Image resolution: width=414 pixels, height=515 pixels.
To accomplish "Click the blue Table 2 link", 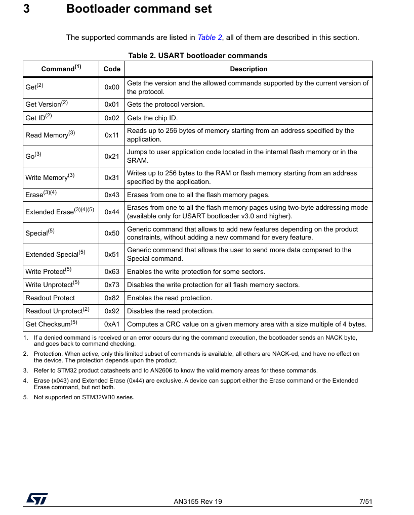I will point(210,37).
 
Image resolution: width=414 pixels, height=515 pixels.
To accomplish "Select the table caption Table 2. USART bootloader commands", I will point(198,56).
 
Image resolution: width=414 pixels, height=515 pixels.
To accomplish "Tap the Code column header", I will point(112,69).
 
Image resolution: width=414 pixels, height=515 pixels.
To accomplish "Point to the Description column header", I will point(249,69).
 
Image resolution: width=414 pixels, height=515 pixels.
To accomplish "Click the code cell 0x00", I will point(112,87).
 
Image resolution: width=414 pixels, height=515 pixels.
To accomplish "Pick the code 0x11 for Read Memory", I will point(112,135).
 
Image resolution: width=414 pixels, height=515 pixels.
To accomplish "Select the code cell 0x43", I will point(112,195).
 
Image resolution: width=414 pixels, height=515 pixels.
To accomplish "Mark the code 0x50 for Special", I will point(112,233).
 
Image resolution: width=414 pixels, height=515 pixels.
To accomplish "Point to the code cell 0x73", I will point(112,285).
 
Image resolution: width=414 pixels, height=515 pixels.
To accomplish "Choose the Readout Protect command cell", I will point(50,298).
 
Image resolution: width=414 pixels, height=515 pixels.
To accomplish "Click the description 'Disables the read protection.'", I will point(170,311).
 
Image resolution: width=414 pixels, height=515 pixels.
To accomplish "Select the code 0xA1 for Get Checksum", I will point(112,324).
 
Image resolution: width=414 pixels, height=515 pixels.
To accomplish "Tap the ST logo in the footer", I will point(37,498).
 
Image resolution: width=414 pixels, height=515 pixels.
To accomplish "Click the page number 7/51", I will point(365,502).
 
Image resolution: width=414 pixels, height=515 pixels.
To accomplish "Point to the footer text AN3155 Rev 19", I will point(198,502).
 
